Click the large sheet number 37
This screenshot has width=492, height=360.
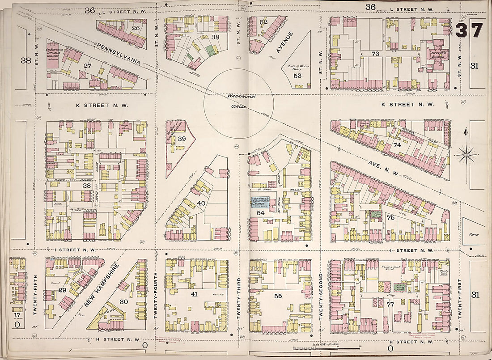[470, 30]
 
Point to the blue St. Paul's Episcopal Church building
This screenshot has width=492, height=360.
[261, 201]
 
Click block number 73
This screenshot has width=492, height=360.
[375, 54]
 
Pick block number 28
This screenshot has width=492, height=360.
[86, 185]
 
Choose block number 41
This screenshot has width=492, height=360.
[194, 294]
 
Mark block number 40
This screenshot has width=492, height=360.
[201, 203]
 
